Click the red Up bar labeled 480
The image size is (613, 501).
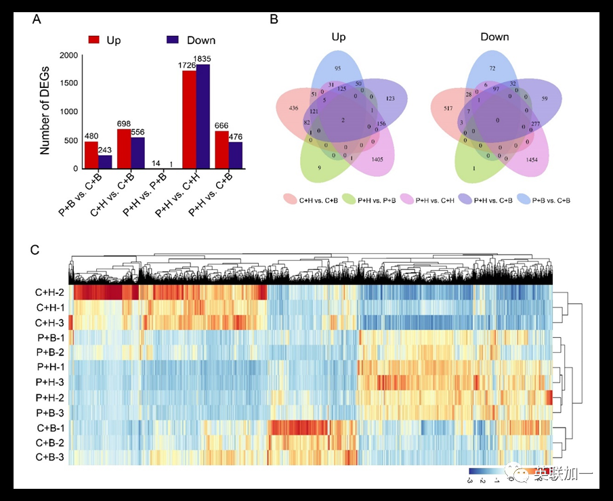point(91,154)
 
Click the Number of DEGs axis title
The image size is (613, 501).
point(45,111)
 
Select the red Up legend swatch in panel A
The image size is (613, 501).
point(93,40)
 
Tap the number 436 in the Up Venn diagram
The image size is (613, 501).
point(293,109)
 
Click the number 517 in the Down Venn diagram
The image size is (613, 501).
point(448,109)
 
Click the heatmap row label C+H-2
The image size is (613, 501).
point(50,293)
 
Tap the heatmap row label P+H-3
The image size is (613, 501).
point(50,382)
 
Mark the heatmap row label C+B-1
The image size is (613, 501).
point(50,427)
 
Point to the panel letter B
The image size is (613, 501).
point(274,20)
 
